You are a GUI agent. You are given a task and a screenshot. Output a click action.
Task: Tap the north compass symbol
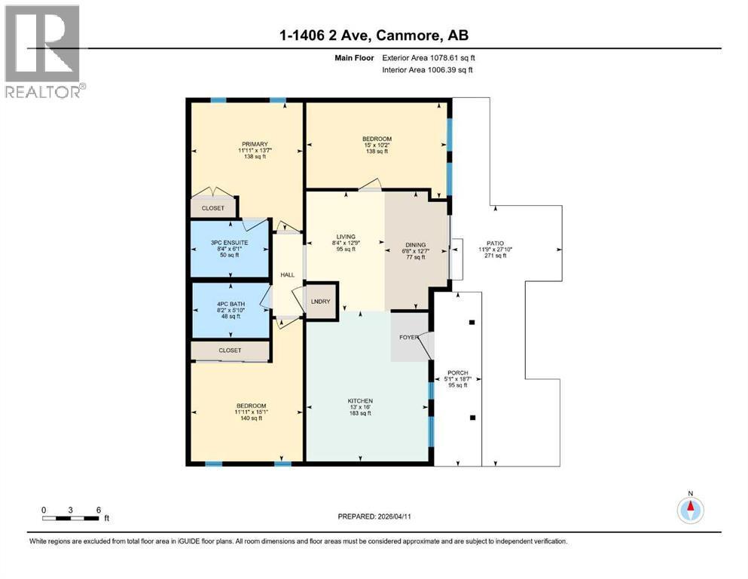pos(690,509)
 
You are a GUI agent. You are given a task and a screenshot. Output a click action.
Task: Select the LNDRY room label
pos(321,302)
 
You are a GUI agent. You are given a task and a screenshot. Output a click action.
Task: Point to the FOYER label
pos(409,337)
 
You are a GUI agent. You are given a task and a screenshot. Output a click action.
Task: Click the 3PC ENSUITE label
pos(230,243)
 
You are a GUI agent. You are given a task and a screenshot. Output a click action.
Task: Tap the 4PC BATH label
pos(231,304)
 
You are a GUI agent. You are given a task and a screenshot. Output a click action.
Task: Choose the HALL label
pos(288,274)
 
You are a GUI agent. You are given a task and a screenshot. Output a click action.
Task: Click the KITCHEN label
pos(360,401)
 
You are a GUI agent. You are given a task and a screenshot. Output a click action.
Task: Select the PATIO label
pos(495,244)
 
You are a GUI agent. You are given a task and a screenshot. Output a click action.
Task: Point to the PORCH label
pos(458,372)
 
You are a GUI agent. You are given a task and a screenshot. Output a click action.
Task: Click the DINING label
pos(416,244)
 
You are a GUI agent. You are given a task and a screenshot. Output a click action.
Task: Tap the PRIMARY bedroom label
pos(255,144)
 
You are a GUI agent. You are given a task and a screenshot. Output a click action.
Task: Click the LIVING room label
pos(346,236)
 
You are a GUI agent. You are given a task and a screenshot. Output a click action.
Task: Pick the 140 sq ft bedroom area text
pos(252,418)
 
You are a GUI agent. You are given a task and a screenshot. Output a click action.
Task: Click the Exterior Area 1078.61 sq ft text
pos(429,58)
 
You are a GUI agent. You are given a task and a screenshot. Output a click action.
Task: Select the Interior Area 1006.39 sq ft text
pos(427,69)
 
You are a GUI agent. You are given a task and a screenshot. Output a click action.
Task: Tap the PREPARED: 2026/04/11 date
pos(374,516)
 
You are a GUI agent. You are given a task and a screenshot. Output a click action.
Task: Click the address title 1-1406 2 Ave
pos(327,35)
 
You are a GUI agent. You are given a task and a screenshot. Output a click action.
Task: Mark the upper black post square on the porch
pos(472,322)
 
